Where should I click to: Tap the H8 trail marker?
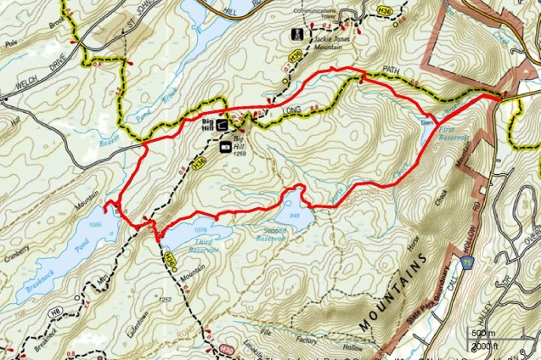(57, 313)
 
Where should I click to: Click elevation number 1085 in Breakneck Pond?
(94, 223)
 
